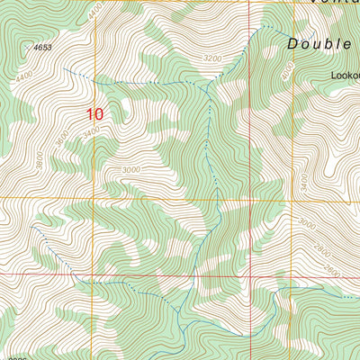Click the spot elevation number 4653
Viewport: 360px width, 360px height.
tap(41, 46)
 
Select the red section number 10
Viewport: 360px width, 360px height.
tap(95, 114)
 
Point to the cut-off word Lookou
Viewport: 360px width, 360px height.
tap(344, 77)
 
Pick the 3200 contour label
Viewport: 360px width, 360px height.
tap(211, 58)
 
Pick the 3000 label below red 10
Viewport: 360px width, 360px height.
tap(131, 169)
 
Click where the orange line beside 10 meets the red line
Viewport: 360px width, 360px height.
tap(94, 273)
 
